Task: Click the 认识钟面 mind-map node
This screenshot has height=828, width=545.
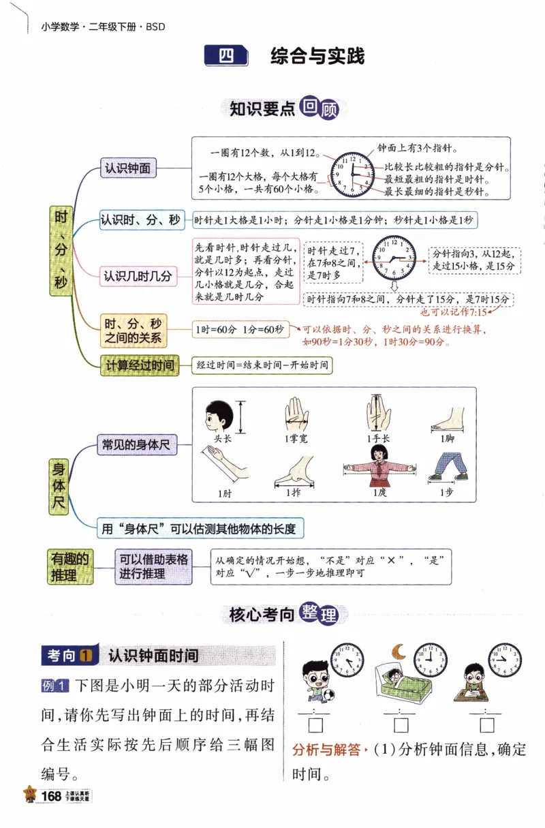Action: (x=127, y=167)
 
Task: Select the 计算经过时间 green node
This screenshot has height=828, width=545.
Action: (x=139, y=365)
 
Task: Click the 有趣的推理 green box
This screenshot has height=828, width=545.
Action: (x=70, y=566)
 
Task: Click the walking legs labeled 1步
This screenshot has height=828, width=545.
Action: (x=447, y=467)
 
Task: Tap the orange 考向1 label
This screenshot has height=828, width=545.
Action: (x=69, y=656)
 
